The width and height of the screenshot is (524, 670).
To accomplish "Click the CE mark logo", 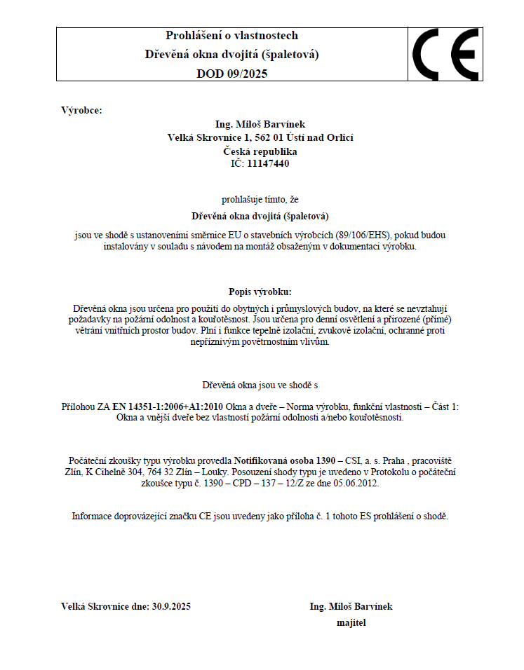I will [x=445, y=54].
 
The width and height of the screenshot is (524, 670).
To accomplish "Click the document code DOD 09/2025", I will [x=231, y=73].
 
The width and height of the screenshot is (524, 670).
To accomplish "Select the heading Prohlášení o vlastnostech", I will [x=231, y=35].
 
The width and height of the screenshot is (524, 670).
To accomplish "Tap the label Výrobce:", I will [x=82, y=110].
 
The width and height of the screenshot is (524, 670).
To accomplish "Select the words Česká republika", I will [x=260, y=151].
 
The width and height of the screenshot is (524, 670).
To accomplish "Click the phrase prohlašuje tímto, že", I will [x=260, y=200].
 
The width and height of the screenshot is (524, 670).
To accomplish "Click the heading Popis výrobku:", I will [x=260, y=292].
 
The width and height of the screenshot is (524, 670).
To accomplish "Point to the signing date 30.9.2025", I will [x=171, y=606].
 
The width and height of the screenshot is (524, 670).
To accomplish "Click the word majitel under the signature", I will [x=351, y=622].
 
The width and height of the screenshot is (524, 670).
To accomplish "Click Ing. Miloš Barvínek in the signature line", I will [x=351, y=606].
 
